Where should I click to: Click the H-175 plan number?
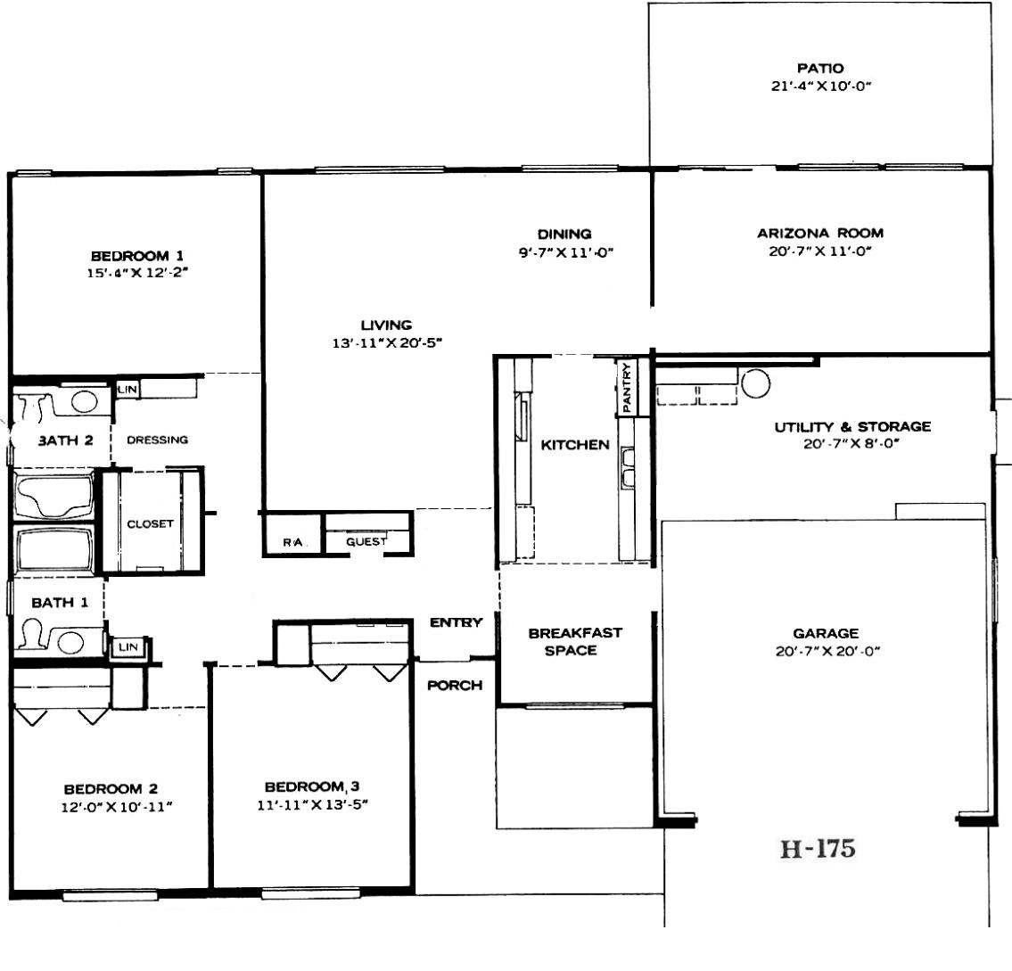click(x=818, y=848)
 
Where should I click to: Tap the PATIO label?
click(x=820, y=68)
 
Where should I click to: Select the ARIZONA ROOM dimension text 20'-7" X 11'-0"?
click(x=820, y=251)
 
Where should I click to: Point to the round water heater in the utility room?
click(x=755, y=383)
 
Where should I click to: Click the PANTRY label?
click(x=626, y=387)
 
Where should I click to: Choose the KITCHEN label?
click(x=575, y=445)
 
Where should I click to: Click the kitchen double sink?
click(x=628, y=466)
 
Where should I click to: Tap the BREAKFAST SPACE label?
click(x=575, y=641)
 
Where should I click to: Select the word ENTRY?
click(x=457, y=622)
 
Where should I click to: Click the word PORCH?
click(x=455, y=685)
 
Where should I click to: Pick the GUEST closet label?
click(x=366, y=541)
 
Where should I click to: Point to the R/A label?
click(x=292, y=542)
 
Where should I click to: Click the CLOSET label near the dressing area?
click(x=151, y=523)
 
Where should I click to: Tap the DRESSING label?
click(x=158, y=440)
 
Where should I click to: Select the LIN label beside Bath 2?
click(x=128, y=390)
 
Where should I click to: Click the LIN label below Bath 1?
click(x=128, y=647)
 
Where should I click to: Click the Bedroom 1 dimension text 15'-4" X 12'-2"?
click(x=137, y=273)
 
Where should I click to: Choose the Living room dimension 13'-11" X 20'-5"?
click(x=387, y=342)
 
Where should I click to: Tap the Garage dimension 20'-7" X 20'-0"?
click(x=827, y=652)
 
